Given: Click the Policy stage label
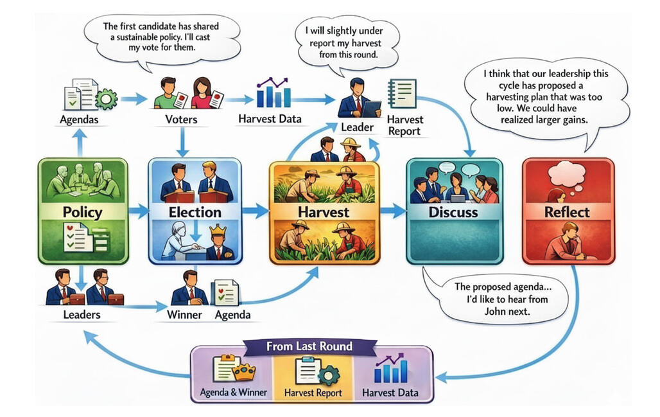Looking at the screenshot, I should (83, 211).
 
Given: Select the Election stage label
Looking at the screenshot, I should (195, 211).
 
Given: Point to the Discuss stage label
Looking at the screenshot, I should (454, 211).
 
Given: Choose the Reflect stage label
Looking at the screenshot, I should (567, 211).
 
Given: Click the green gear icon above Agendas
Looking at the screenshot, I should (106, 98).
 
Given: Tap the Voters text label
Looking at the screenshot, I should (182, 120).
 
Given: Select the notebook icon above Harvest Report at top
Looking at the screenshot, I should (403, 94).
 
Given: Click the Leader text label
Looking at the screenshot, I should (357, 127).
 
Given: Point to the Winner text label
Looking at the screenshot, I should (184, 315).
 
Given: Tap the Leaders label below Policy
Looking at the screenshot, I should (82, 315).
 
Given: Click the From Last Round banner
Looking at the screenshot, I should (310, 346).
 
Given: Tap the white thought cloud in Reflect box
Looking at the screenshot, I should (566, 173).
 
